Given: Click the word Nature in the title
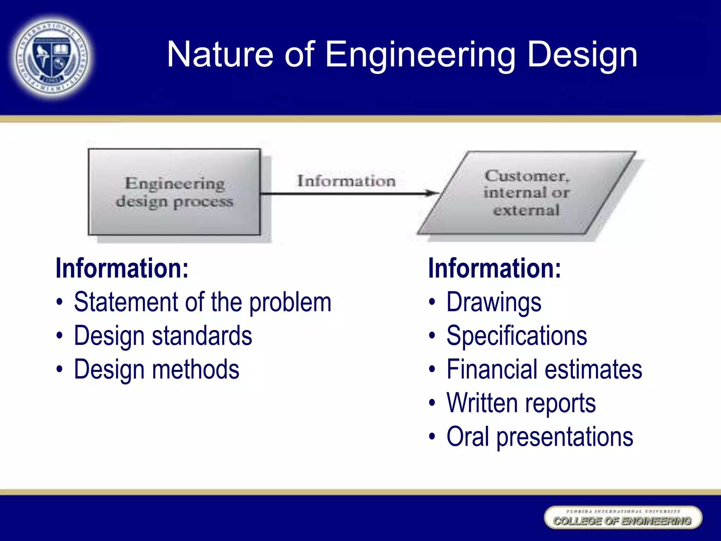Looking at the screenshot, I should [x=220, y=54].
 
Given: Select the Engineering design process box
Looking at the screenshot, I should [x=174, y=192].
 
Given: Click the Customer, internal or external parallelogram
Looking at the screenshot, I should [x=526, y=193].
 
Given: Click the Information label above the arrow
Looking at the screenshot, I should [x=346, y=181].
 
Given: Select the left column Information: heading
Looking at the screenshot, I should [x=122, y=268].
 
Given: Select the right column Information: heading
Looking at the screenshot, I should [x=494, y=268].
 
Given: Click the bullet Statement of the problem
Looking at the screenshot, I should [x=202, y=302].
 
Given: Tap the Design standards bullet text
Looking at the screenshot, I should [x=163, y=336].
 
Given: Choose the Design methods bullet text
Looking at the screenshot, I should [x=156, y=369].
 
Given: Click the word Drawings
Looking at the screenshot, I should [x=494, y=302].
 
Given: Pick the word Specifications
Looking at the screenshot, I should [x=516, y=336].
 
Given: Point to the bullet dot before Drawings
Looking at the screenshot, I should [x=432, y=303].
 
